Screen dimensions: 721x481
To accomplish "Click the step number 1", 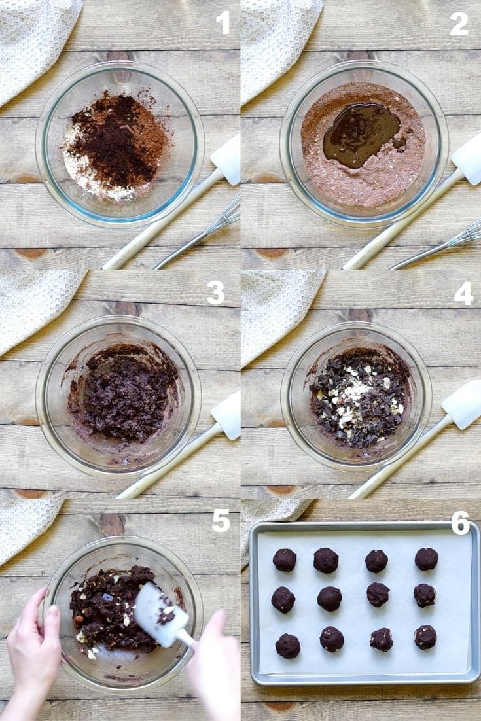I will (223, 23).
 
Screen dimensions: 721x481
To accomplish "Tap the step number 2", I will (459, 24).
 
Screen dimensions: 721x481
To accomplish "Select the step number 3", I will (215, 293).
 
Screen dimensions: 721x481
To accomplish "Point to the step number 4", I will (463, 294).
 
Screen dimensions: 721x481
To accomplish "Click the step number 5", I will (221, 521).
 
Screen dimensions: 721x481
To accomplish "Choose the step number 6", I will (460, 523).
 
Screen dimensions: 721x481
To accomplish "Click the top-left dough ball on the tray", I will (285, 559).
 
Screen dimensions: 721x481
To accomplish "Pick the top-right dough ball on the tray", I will (426, 559).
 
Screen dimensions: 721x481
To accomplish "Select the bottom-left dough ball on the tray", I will (287, 646).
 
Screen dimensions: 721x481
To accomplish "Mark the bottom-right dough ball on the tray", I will (425, 637).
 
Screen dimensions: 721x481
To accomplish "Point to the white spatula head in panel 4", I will (463, 404).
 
